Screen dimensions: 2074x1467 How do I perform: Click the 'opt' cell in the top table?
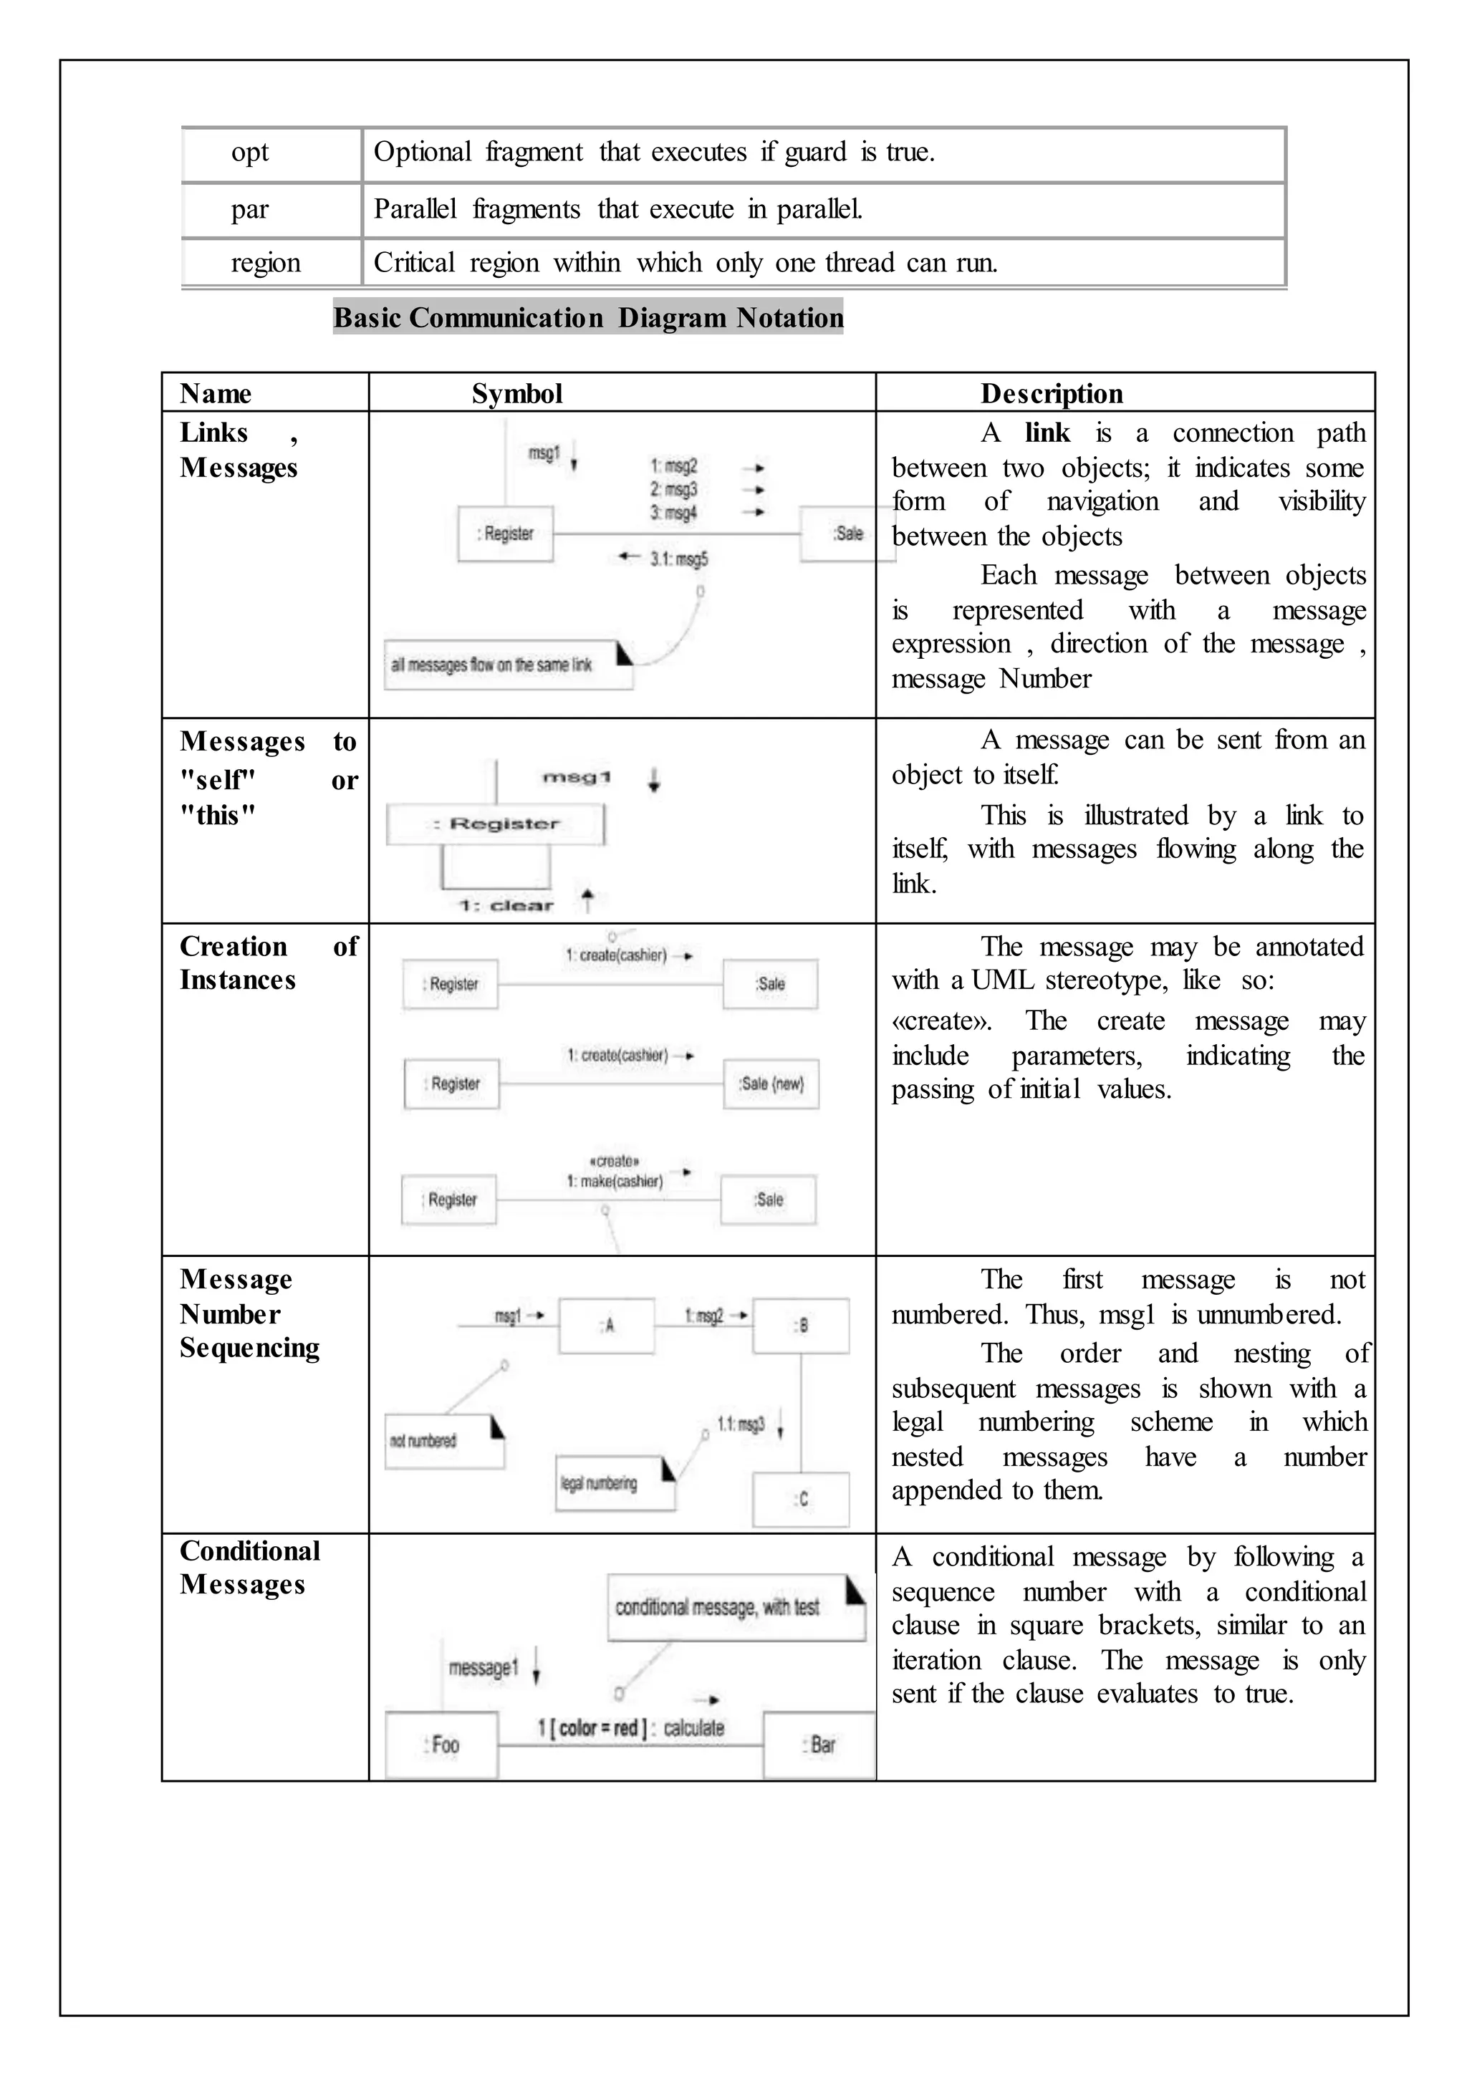coord(250,153)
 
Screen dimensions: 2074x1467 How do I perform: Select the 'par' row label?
coord(250,210)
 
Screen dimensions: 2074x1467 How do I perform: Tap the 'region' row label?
coord(266,263)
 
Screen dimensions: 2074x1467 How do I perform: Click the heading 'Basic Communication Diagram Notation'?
coord(588,317)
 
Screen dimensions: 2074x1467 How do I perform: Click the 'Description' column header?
coord(1052,393)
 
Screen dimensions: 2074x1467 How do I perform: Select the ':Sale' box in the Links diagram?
coord(847,534)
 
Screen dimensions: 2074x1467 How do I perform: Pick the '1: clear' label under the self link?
coord(506,905)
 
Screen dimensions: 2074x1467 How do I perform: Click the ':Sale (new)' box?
coord(771,1084)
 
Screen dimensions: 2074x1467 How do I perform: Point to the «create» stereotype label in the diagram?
coord(615,1161)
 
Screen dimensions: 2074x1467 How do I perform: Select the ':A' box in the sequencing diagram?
coord(607,1325)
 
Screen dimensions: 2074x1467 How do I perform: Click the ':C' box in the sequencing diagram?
coord(800,1500)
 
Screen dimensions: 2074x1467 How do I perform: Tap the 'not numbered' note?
coord(443,1441)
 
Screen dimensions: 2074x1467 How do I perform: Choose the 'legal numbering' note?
coord(615,1483)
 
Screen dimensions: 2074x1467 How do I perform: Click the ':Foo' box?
coord(442,1745)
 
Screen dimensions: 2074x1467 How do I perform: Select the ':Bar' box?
coord(819,1745)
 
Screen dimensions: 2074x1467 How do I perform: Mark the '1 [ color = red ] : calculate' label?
coord(630,1728)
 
